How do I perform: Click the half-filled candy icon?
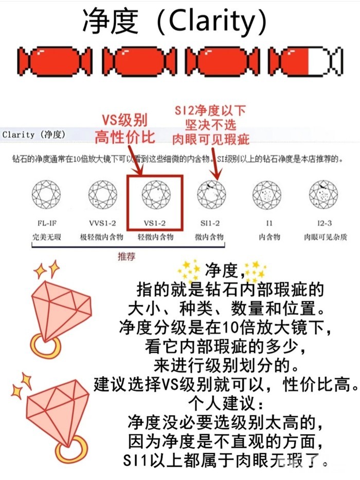[305, 61]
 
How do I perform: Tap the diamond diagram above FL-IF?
[46, 195]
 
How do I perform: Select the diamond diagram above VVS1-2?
[103, 195]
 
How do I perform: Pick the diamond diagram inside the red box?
[156, 195]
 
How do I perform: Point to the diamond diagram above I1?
[267, 195]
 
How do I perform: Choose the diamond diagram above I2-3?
[323, 195]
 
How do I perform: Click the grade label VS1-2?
[155, 223]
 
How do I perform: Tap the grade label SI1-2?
[210, 223]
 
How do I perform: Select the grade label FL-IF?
[47, 223]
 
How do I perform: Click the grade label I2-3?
[325, 223]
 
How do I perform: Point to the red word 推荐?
[127, 256]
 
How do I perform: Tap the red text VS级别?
[124, 120]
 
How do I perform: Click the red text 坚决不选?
[210, 124]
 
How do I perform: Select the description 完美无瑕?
[47, 237]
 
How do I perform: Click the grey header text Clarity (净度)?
[34, 134]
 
